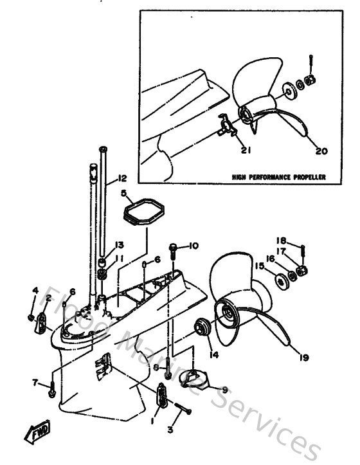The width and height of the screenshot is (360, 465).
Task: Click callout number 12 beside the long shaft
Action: click(x=122, y=177)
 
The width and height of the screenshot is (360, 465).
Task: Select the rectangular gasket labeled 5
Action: click(x=142, y=210)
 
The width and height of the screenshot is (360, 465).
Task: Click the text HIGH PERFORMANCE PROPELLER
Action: click(x=279, y=176)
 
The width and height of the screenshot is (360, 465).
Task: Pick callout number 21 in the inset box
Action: click(x=246, y=151)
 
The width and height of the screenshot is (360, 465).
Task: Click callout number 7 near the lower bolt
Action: click(x=36, y=383)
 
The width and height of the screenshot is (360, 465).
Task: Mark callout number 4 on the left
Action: click(x=35, y=290)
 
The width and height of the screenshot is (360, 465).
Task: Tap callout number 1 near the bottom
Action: click(x=152, y=421)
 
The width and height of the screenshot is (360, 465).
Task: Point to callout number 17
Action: click(x=281, y=253)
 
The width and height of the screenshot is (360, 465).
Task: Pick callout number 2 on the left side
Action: click(x=48, y=297)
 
